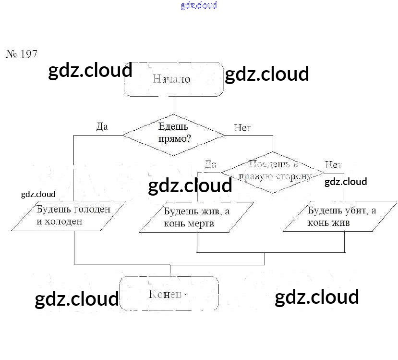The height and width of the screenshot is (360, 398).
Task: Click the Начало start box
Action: click(x=174, y=79)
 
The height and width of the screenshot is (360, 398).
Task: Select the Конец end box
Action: click(x=169, y=293)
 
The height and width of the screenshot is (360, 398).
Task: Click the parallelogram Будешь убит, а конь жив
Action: click(x=339, y=217)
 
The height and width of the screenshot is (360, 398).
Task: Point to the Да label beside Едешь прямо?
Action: click(x=102, y=127)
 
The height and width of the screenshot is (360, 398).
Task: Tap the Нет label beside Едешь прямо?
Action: click(x=242, y=128)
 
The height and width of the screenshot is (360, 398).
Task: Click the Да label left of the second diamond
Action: click(x=210, y=164)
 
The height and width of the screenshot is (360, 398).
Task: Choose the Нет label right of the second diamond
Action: click(x=332, y=165)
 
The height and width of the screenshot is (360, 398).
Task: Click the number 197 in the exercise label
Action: click(x=29, y=54)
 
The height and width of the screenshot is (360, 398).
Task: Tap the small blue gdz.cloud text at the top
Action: click(x=199, y=5)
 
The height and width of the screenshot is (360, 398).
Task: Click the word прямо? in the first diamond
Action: click(x=173, y=139)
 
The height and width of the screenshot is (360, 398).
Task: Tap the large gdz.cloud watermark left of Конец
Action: click(x=77, y=299)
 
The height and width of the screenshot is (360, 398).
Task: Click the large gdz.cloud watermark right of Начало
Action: click(x=266, y=74)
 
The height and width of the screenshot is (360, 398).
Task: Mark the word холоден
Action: click(x=64, y=222)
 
